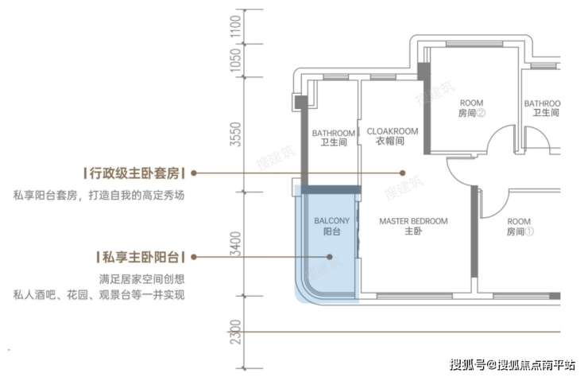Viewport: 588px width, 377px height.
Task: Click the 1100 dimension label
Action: (x=235, y=26)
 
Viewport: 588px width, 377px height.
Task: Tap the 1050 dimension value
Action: (x=235, y=60)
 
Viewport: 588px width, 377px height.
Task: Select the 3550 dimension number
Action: (x=235, y=134)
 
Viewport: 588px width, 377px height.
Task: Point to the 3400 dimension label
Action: (x=235, y=243)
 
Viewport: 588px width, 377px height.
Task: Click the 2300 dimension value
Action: (x=235, y=332)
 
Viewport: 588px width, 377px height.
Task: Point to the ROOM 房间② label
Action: (x=471, y=107)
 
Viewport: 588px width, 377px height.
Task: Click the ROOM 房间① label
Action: (x=520, y=227)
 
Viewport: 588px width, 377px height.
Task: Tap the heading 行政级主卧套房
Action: (x=134, y=173)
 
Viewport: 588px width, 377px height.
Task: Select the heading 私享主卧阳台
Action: (x=141, y=257)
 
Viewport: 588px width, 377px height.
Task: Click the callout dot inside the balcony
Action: (x=330, y=257)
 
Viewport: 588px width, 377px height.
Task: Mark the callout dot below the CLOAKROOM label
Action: (x=402, y=173)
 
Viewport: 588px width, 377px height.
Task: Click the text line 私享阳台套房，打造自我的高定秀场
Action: (x=99, y=195)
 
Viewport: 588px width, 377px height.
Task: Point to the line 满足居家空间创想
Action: (x=142, y=279)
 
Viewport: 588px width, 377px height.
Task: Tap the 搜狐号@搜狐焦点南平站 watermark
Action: (x=513, y=364)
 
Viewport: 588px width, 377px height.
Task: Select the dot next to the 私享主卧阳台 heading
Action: (x=194, y=257)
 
